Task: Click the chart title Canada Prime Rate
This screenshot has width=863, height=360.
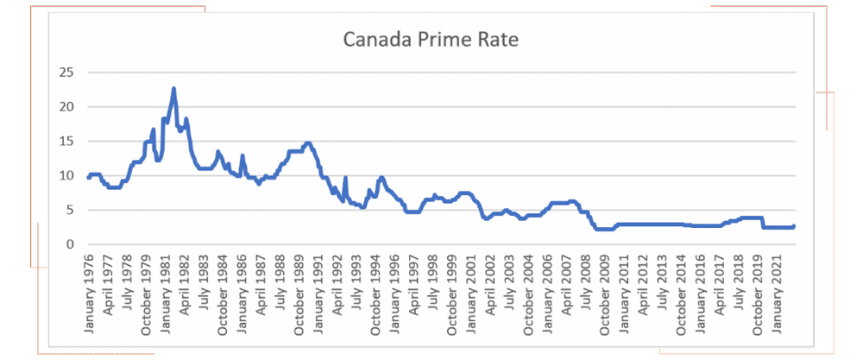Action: pyautogui.click(x=431, y=40)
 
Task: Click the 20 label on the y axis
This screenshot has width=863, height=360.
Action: pyautogui.click(x=65, y=106)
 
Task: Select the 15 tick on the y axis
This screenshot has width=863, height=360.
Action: pyautogui.click(x=65, y=141)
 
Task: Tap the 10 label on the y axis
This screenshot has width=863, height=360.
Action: pyautogui.click(x=65, y=175)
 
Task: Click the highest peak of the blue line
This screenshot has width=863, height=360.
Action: pyautogui.click(x=173, y=88)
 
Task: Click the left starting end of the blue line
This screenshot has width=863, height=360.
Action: pyautogui.click(x=88, y=177)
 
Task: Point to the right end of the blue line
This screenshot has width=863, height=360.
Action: pyautogui.click(x=793, y=226)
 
